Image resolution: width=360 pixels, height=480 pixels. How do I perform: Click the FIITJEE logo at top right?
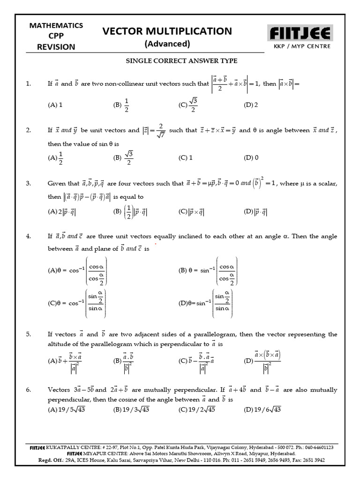tap(300, 33)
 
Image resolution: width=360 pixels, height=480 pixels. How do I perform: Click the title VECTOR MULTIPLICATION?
tap(167, 31)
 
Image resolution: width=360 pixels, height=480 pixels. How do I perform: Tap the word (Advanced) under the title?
tap(167, 44)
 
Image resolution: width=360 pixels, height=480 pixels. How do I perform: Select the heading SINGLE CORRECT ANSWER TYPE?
tap(181, 60)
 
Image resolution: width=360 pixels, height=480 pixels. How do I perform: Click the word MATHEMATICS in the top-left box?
tap(56, 25)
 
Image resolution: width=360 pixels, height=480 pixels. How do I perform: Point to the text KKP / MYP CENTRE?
tap(302, 46)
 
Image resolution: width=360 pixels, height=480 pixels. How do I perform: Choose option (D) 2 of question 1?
tap(251, 105)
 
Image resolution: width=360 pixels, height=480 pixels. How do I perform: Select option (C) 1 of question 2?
tap(185, 158)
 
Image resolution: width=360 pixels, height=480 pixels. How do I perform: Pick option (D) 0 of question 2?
tap(251, 158)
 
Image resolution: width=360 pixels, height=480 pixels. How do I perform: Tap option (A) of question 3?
tap(62, 212)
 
